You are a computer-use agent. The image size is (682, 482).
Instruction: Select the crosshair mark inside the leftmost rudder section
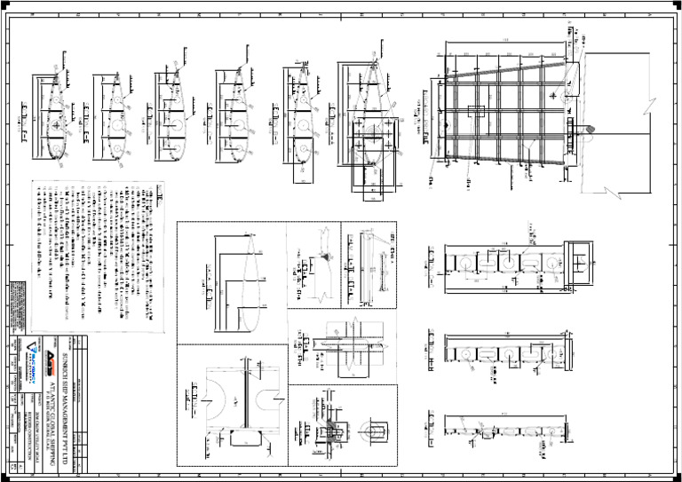coord(58,127)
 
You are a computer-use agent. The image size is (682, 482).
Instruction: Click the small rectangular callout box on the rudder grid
coord(476,112)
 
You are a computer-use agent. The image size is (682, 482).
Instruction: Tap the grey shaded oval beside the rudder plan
coord(588,130)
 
